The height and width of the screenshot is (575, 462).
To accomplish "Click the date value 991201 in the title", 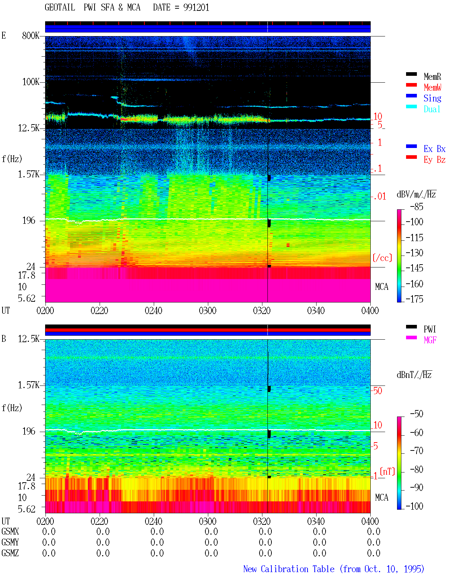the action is (196, 8).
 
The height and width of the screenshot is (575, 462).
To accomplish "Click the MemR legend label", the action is (432, 77).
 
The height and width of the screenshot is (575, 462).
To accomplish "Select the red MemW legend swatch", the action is (411, 85).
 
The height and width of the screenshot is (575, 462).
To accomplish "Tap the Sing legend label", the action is (432, 98).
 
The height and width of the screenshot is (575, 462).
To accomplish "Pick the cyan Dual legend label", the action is (432, 109).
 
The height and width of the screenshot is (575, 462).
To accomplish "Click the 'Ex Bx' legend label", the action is (434, 149).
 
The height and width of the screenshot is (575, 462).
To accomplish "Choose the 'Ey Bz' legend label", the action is (434, 160).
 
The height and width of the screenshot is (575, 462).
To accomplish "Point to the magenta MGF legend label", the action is (430, 340).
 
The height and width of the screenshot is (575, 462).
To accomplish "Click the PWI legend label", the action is (430, 329).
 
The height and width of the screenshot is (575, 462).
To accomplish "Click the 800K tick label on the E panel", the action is (31, 35).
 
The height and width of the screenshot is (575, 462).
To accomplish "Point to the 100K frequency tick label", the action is (31, 82).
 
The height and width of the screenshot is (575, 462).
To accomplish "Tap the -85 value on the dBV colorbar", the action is (417, 206).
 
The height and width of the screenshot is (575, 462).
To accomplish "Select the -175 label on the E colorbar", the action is (414, 299).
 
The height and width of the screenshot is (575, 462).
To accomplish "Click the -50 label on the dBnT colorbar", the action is (417, 414).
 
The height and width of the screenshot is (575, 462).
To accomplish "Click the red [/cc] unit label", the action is (382, 258).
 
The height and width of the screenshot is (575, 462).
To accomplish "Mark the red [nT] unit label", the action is (387, 471).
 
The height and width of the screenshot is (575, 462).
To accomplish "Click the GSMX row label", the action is (10, 531).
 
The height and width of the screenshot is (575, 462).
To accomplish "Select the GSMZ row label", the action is (10, 553).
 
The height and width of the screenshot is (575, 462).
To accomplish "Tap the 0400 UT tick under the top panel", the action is (370, 310).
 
